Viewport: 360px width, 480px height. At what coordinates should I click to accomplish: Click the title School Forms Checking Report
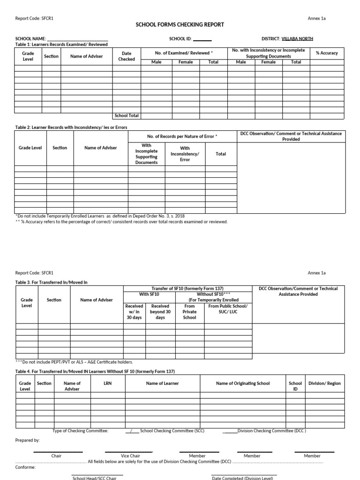[180, 24]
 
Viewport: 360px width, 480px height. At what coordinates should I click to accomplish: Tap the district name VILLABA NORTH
[297, 39]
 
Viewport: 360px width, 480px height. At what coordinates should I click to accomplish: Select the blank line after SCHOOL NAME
[77, 39]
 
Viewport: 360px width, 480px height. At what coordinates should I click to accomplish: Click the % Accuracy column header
[327, 53]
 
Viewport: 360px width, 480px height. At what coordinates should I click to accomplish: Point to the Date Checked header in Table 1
[127, 56]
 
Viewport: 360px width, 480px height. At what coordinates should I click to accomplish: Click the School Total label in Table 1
[127, 115]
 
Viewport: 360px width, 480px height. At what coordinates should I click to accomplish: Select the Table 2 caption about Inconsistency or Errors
[71, 127]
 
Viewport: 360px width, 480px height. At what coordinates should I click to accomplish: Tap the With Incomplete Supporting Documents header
[146, 154]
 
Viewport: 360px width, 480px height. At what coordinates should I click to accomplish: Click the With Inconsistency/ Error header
[185, 154]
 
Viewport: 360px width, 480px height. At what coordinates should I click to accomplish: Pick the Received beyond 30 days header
[160, 312]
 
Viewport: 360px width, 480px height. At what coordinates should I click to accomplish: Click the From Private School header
[189, 312]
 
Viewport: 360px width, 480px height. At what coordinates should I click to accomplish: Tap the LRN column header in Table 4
[108, 383]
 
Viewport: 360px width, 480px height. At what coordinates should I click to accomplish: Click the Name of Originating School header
[243, 383]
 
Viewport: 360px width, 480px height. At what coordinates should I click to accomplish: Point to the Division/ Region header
[324, 383]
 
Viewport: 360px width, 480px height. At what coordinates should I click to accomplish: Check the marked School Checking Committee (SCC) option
[133, 431]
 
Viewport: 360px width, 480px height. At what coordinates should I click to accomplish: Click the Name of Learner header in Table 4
[162, 383]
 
